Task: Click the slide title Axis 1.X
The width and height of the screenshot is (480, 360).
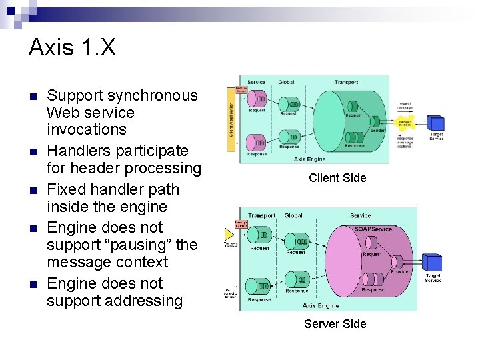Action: (72, 48)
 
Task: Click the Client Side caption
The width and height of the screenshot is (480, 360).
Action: (337, 178)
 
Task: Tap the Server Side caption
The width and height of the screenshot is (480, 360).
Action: (335, 324)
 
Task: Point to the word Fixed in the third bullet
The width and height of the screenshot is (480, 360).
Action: (65, 189)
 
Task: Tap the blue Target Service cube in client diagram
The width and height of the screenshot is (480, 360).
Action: (436, 123)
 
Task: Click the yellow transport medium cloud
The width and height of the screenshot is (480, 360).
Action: (405, 123)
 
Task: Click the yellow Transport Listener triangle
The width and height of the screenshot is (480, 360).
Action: (230, 234)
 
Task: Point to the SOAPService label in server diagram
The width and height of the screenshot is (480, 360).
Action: (373, 229)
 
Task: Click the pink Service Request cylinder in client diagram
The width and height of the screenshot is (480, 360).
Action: (257, 99)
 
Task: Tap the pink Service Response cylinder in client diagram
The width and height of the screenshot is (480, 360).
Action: (257, 142)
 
